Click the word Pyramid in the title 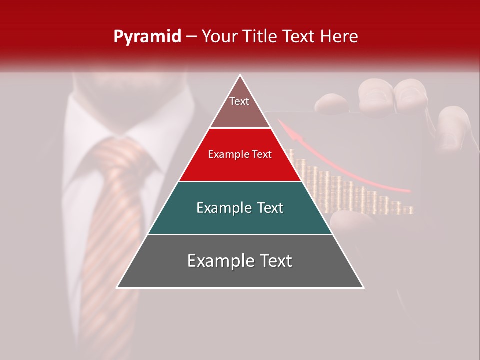pos(147,37)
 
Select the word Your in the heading pos(219,36)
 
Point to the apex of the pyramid pos(240,76)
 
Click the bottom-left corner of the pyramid pos(117,287)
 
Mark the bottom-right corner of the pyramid pos(363,287)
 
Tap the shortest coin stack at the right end pos(410,210)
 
